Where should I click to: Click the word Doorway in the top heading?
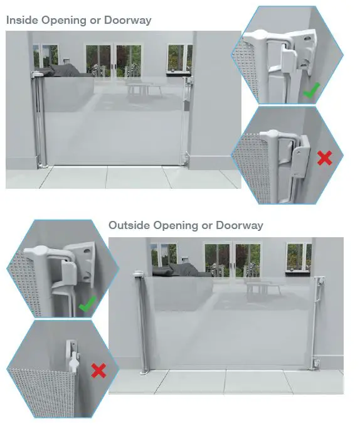128,20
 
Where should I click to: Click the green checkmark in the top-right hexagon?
311,92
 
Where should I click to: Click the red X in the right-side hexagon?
324,158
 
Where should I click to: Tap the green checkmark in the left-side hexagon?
87,306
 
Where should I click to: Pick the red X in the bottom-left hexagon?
98,371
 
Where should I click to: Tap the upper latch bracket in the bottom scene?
320,283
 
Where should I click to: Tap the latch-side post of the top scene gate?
186,119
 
